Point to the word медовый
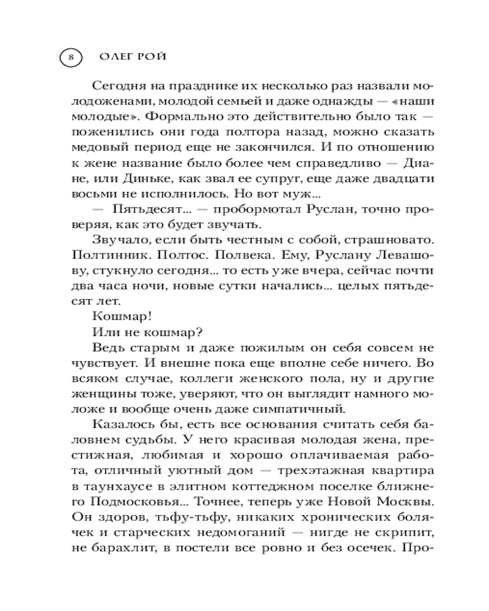(x=93, y=148)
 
